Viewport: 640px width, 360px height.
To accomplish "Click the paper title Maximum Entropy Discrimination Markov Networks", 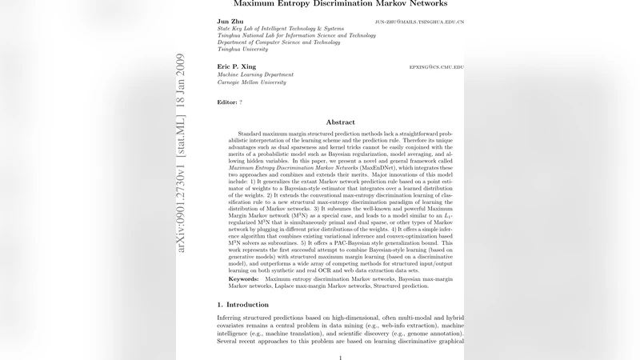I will [x=340, y=4].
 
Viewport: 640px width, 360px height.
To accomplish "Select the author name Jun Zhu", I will [x=231, y=22].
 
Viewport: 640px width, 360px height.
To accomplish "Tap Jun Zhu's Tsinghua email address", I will [x=419, y=22].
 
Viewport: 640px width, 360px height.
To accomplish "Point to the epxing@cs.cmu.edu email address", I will [x=436, y=66].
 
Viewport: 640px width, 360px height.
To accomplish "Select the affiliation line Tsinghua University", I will [x=243, y=49].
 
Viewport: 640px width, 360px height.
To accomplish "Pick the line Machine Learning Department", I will [x=255, y=74].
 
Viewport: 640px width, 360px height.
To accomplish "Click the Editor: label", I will [x=227, y=102].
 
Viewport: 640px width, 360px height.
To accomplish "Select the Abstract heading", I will [x=340, y=122].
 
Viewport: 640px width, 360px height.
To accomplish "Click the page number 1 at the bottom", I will [x=341, y=357].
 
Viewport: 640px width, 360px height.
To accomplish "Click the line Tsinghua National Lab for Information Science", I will [x=296, y=36].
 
